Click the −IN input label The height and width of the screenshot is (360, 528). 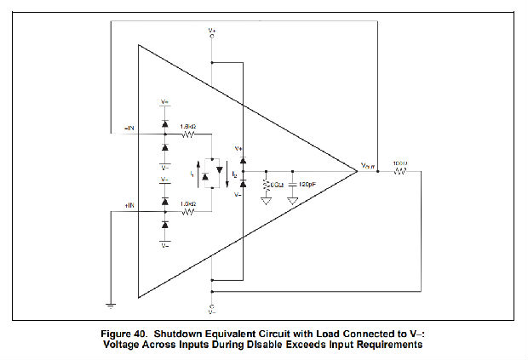coord(129,128)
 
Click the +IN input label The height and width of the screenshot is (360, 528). coord(129,207)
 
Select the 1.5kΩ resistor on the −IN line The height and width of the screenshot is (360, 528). coord(189,134)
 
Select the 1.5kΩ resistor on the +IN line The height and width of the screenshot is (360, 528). coord(189,212)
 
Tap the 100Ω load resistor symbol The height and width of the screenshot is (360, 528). coord(399,172)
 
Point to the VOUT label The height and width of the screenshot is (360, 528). coord(367,166)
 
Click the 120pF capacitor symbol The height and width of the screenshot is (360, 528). coord(293,184)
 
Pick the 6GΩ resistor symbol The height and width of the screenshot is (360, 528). coord(266,184)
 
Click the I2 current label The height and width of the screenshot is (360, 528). coord(233,173)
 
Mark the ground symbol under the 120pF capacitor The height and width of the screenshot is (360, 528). coord(293,201)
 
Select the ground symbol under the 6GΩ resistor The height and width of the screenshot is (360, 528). coord(266,201)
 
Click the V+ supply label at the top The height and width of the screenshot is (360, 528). coord(212,31)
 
